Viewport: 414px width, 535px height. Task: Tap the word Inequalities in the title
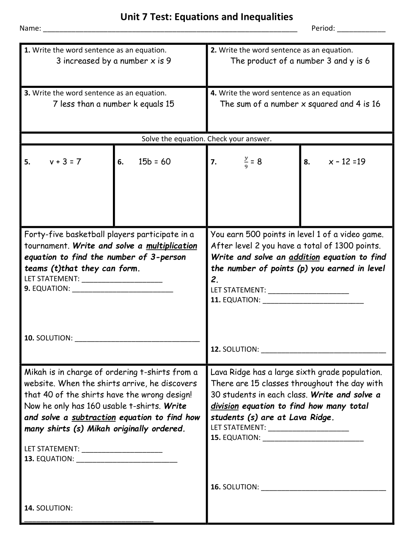tap(266, 17)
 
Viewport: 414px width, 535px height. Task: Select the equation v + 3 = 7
tap(65, 161)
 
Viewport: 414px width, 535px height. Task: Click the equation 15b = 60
tap(154, 161)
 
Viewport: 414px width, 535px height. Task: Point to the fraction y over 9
tap(246, 162)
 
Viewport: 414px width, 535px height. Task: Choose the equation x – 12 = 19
tap(347, 161)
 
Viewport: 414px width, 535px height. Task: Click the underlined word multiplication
tap(172, 246)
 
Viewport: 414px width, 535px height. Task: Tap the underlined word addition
tap(304, 257)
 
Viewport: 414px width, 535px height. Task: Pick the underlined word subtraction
tap(93, 418)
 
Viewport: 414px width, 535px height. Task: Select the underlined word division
tap(225, 406)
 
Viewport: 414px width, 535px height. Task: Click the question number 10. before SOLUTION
tap(29, 338)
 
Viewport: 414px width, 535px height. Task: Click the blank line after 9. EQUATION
tap(123, 290)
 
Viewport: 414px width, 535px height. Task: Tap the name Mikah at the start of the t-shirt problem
tap(35, 372)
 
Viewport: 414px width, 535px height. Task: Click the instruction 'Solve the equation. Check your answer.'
tap(206, 139)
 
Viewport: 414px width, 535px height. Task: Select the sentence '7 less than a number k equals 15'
tap(113, 104)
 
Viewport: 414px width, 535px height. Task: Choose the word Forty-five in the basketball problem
tap(44, 235)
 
